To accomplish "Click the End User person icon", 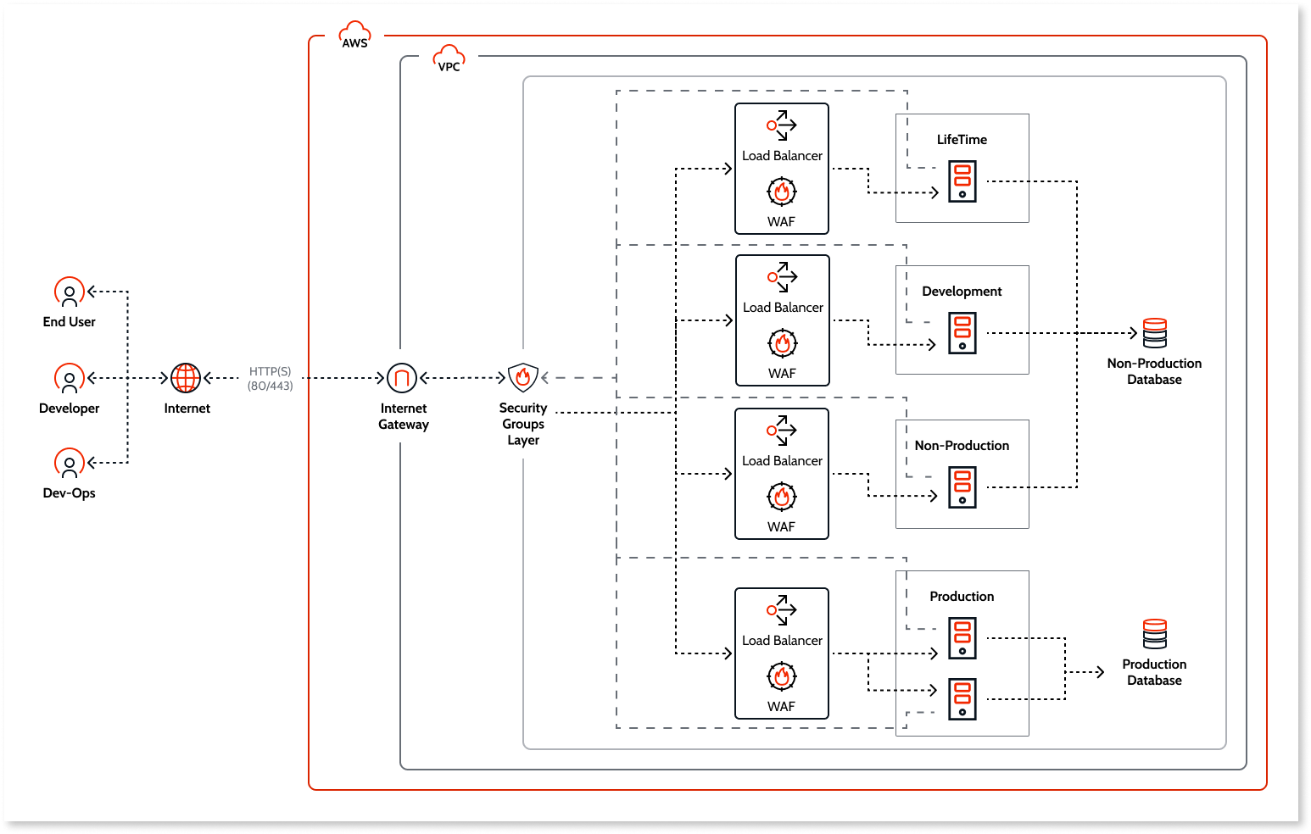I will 70,292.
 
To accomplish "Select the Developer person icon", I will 70,379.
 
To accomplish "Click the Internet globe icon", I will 186,378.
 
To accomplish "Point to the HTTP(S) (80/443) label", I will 271,379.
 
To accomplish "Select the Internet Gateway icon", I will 402,378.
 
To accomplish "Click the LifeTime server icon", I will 962,181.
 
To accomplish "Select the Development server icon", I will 962,333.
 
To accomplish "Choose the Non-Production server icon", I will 962,487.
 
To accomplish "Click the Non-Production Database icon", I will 1154,333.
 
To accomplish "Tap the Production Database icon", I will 1154,634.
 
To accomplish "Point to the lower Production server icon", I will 962,699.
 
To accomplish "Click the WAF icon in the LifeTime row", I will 782,192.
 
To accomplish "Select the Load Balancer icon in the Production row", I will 782,609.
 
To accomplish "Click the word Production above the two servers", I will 962,597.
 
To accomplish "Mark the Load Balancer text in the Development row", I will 783,308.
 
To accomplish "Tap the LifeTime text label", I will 962,140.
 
